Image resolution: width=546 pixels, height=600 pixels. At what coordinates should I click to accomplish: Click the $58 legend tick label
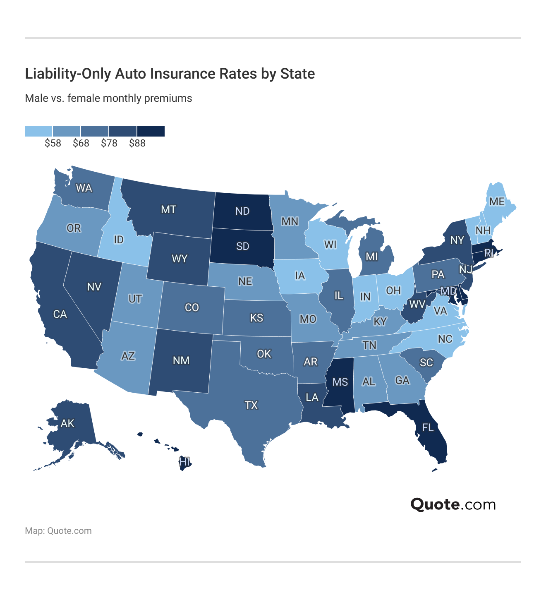coord(53,143)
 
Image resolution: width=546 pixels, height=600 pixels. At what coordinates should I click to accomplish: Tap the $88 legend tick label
coord(137,143)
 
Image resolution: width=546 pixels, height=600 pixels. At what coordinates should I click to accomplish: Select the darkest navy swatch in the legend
coord(151,131)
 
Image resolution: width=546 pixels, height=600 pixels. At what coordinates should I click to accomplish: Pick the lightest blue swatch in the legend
coord(38,131)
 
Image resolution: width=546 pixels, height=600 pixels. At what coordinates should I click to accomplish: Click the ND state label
coord(242,211)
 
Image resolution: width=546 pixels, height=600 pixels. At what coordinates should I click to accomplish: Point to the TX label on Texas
coord(251,405)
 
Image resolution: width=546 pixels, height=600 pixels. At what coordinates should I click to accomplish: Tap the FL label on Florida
coord(428,427)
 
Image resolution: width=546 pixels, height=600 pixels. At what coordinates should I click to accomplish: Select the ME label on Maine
coord(497,202)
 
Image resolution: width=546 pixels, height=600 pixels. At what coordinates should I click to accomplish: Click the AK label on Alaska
coord(67,423)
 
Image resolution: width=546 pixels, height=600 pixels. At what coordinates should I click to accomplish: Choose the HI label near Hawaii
coord(184,462)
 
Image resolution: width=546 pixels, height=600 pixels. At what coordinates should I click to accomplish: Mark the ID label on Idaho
coord(118,240)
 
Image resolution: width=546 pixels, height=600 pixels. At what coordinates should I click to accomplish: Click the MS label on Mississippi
coord(340,382)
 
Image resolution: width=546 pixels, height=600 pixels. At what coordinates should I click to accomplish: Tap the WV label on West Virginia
coord(417,305)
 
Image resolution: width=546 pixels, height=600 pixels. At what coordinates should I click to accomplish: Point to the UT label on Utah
coord(135,299)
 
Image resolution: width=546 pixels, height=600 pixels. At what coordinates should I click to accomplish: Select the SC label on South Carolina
coord(426,363)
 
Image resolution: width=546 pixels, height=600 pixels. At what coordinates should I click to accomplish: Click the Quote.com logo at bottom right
coord(453,504)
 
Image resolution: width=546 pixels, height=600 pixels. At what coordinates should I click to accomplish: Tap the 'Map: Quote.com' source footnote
coord(58,531)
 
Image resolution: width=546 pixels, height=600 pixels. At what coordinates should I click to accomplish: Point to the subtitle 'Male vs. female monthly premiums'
coord(108,98)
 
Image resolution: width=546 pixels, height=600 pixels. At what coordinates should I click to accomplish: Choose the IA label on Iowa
coord(300,276)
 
